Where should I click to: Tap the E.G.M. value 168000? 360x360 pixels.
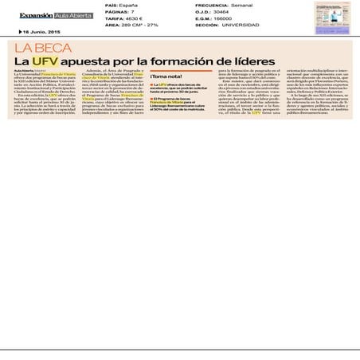(x=231, y=18)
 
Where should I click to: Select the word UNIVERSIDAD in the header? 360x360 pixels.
(x=245, y=25)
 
